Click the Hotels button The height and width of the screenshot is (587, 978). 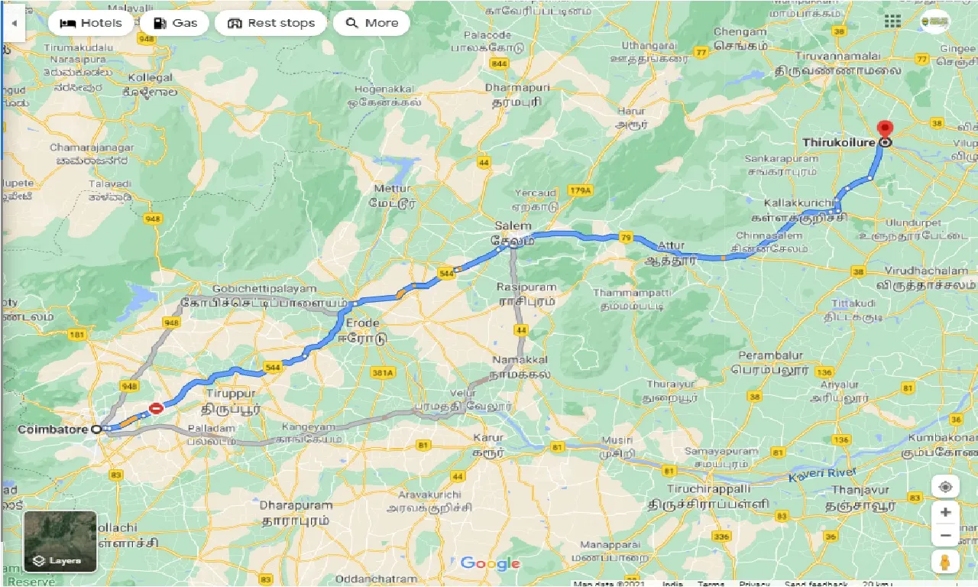pos(90,23)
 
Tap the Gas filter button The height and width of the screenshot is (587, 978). pos(174,23)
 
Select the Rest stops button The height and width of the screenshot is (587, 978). pos(270,23)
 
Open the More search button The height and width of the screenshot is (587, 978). pos(371,23)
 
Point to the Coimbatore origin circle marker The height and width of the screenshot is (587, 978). pos(96,430)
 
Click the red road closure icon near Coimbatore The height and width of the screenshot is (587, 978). pos(157,409)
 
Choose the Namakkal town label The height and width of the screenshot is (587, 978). pos(513,358)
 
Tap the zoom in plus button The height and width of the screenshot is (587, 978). pos(945,512)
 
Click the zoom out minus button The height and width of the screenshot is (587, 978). pos(945,535)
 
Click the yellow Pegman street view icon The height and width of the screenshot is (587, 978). pos(945,562)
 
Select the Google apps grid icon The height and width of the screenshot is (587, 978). pos(892,21)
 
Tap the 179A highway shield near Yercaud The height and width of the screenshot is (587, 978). pos(580,190)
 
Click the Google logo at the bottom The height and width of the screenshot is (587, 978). pos(490,564)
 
